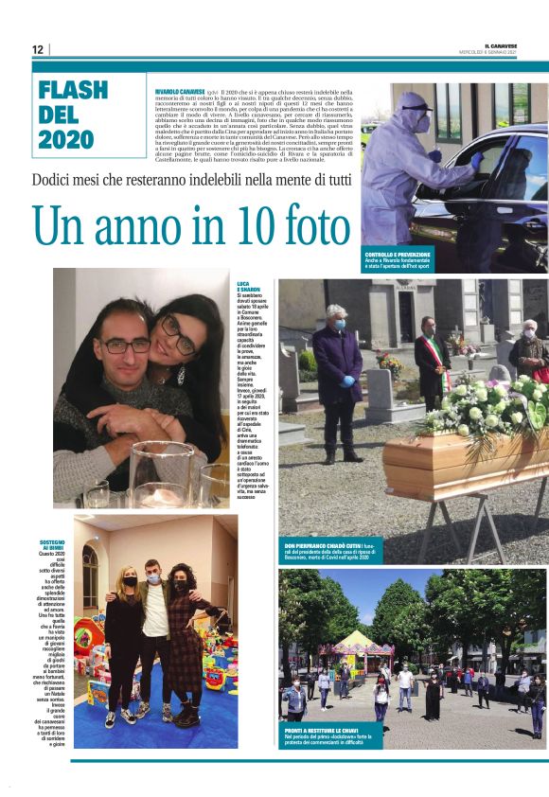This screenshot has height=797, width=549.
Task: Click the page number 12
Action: pos(37,49)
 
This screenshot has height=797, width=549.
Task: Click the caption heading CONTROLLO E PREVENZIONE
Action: pos(398,255)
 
